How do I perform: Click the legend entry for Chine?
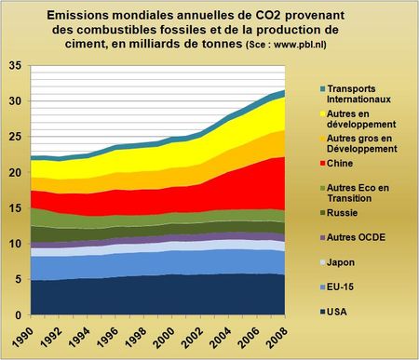344,162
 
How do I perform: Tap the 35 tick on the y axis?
15,66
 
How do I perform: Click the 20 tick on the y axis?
15,173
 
